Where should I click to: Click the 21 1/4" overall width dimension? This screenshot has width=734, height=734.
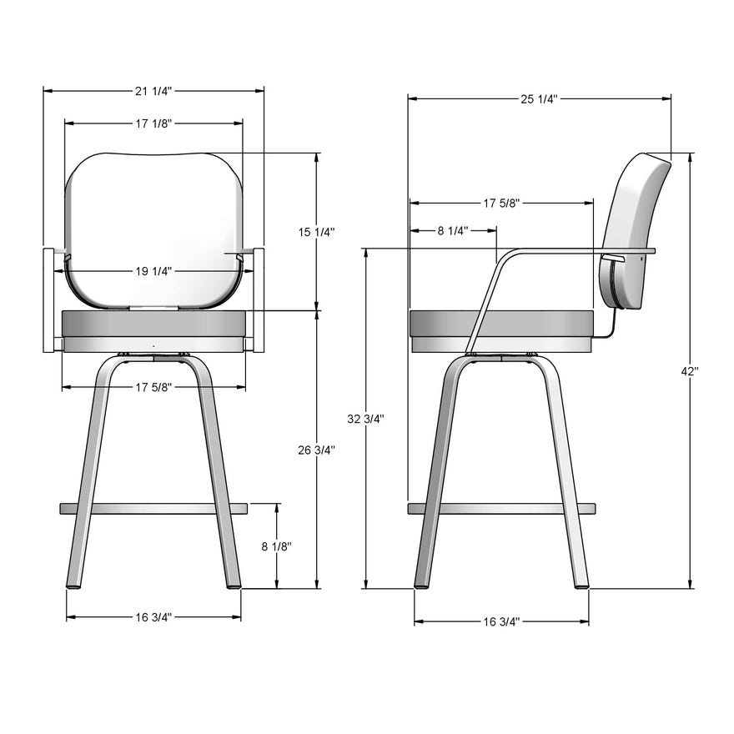click(153, 91)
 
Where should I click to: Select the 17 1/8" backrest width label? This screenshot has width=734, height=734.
click(153, 123)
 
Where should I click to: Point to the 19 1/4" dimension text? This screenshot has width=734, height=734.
click(153, 271)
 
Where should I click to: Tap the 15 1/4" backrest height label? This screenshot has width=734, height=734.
click(316, 232)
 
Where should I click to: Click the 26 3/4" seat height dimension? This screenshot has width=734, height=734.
click(316, 450)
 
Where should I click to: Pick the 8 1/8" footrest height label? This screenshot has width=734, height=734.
click(276, 546)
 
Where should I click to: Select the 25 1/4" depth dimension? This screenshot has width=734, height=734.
click(539, 98)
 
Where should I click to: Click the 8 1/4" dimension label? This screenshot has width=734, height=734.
click(453, 230)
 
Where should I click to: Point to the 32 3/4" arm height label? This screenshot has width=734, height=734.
click(365, 419)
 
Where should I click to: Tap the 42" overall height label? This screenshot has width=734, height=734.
click(689, 372)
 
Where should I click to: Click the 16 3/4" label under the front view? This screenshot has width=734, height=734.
click(153, 617)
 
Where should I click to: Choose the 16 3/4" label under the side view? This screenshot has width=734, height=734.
click(501, 621)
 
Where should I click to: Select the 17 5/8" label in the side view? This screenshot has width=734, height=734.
click(501, 203)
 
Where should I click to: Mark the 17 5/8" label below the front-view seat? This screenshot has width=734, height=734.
click(153, 387)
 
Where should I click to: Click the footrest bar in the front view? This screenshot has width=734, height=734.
click(153, 508)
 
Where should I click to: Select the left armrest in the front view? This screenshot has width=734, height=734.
click(48, 299)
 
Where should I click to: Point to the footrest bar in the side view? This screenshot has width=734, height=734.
click(501, 508)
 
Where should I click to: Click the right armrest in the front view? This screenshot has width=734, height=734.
click(259, 299)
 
